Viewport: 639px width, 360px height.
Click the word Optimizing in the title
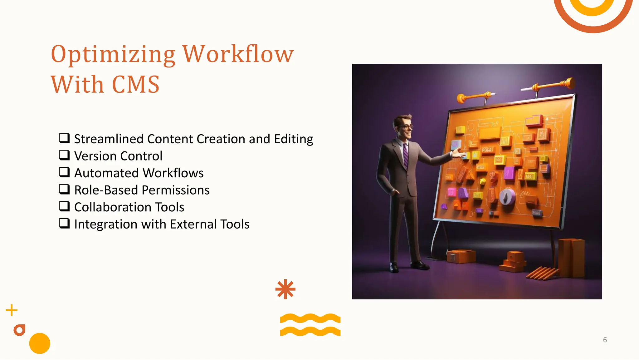tap(113, 54)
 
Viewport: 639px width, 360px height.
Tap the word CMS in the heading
tap(135, 85)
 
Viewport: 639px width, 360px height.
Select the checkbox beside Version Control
tap(64, 155)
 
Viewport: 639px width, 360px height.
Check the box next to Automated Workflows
tap(64, 172)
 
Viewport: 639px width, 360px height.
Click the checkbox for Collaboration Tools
tap(64, 206)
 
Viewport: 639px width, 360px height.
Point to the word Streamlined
tap(109, 139)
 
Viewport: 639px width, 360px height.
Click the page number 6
tap(605, 340)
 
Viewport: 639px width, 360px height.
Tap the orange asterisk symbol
tap(285, 289)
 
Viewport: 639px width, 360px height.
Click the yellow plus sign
tap(12, 310)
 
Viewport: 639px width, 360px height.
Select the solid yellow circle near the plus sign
tap(40, 343)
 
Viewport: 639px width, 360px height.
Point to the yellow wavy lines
tap(310, 325)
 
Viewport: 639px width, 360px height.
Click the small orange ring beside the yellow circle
tap(19, 330)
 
